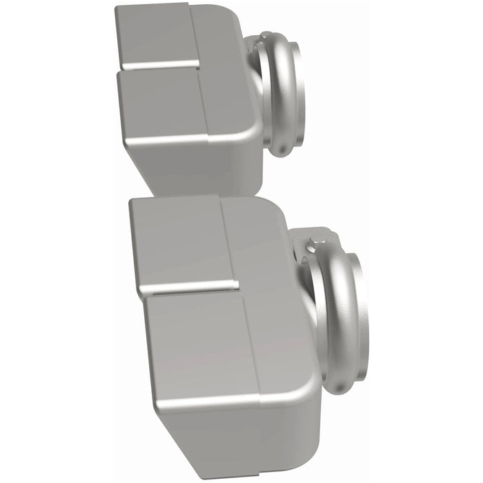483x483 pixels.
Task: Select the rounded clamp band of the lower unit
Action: pos(329,310)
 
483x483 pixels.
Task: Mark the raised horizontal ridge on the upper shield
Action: pos(159,66)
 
